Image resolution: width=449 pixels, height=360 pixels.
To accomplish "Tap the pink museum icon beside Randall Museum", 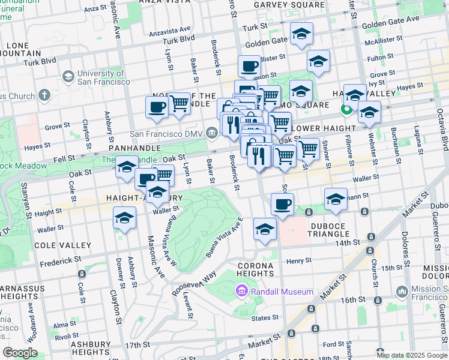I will (x=242, y=291).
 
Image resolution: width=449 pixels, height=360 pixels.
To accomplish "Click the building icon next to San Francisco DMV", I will (x=211, y=132).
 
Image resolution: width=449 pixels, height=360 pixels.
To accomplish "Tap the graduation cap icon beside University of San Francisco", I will (x=68, y=77).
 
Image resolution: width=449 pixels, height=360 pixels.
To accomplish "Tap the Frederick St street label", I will (x=61, y=262).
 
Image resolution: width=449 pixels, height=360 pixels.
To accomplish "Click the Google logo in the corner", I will (x=20, y=353).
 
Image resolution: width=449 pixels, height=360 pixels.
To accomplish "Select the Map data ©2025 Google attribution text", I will (x=412, y=355).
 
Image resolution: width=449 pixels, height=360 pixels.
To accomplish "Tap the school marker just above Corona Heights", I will (x=265, y=229).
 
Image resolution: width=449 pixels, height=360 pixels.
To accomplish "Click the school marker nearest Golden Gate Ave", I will (x=301, y=34).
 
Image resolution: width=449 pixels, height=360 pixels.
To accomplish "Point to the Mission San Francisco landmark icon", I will (x=402, y=291).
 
